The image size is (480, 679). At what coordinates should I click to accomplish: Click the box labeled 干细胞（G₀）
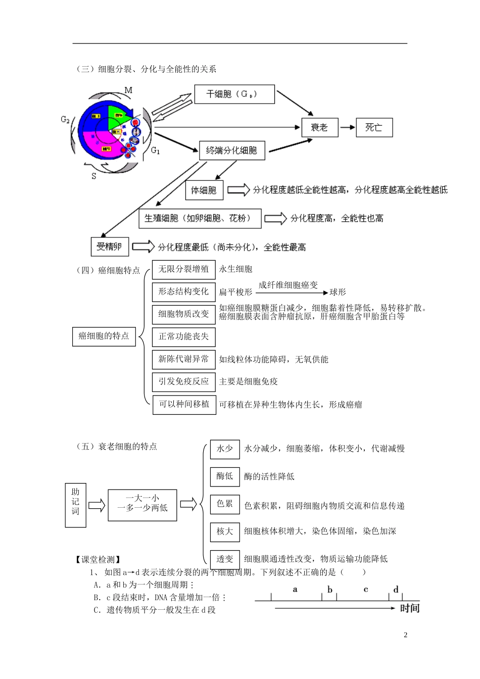(234, 94)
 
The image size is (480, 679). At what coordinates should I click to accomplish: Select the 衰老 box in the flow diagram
(319, 127)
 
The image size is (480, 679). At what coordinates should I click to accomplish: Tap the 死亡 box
(374, 127)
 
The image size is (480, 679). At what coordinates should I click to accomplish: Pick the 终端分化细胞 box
(232, 150)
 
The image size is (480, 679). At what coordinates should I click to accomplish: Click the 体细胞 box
(204, 190)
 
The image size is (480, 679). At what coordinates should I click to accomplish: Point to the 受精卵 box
(110, 247)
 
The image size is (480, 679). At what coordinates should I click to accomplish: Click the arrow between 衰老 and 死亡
(347, 127)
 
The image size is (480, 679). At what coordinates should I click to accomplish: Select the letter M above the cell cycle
(128, 90)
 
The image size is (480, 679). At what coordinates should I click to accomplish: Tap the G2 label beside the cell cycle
(65, 120)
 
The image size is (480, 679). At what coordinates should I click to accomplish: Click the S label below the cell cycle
(94, 176)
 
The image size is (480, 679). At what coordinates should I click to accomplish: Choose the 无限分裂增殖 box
(183, 269)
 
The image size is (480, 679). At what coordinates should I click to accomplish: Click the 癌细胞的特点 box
(104, 336)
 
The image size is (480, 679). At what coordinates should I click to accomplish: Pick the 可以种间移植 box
(184, 404)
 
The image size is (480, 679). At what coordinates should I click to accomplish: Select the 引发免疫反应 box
(183, 381)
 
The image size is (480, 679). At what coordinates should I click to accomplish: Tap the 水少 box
(225, 449)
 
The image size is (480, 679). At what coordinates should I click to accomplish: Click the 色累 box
(225, 504)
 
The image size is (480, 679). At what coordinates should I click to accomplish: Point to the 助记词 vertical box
(75, 505)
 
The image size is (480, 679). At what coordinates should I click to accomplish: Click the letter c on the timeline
(366, 590)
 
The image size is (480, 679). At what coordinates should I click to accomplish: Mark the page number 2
(405, 635)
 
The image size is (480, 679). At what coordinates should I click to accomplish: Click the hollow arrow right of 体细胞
(238, 190)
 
